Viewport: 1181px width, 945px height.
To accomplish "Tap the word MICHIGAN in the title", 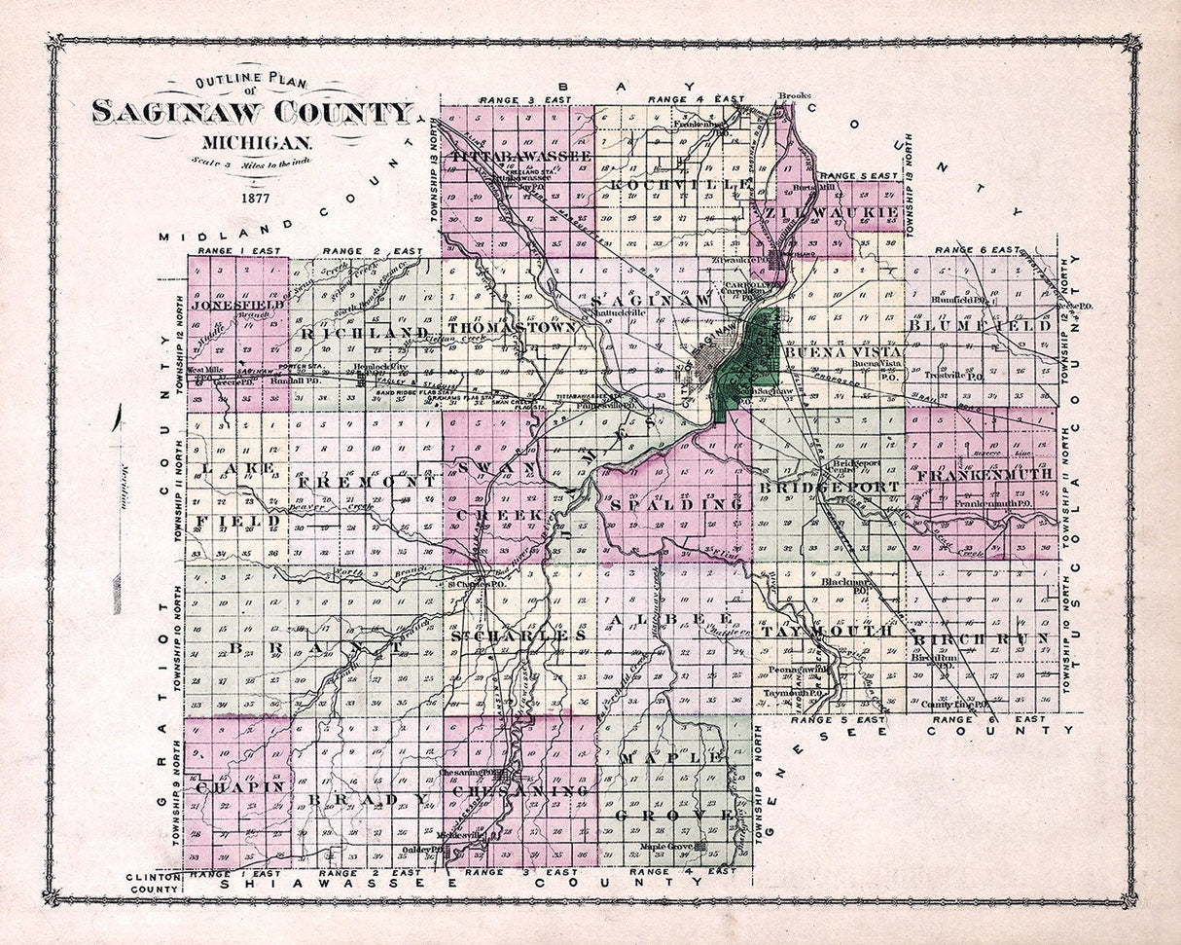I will (252, 142).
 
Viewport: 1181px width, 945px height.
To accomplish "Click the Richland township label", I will (364, 334).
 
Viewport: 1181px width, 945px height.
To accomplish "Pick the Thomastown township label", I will (512, 328).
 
